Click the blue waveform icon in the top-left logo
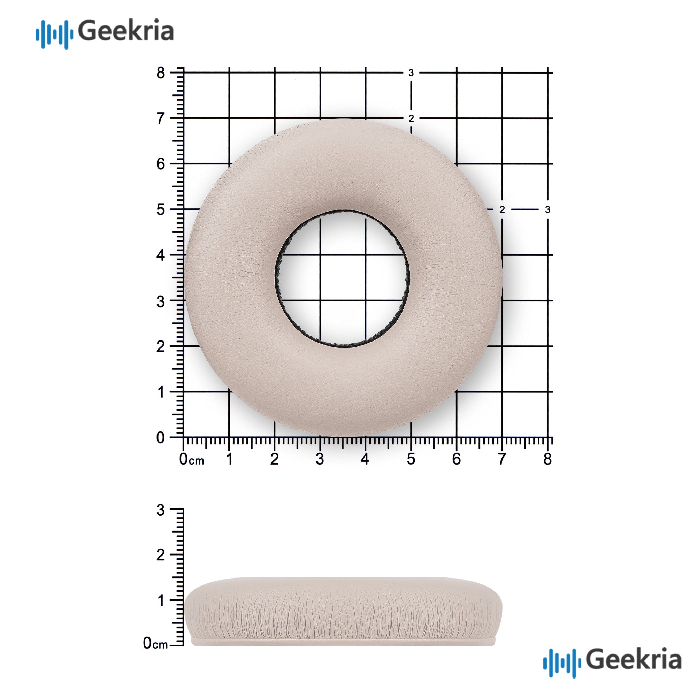coord(54,34)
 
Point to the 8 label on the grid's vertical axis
coord(161,73)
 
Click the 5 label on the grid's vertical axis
coord(161,209)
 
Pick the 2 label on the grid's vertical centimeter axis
coord(161,346)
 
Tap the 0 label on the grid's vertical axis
coord(161,438)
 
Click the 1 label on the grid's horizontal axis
coord(229,459)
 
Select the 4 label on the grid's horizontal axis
coord(365,459)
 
